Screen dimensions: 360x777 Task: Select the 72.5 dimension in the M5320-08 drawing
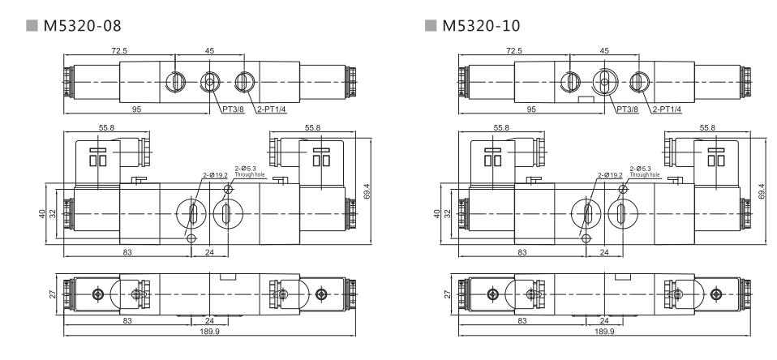(118, 50)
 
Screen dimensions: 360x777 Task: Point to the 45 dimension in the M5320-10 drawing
(603, 50)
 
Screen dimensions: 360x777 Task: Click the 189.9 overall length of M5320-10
(603, 332)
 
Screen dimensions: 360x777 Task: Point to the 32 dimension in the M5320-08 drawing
(54, 214)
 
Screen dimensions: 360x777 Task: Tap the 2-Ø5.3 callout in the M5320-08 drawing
(244, 169)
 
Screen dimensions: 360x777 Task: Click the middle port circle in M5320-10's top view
(603, 82)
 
